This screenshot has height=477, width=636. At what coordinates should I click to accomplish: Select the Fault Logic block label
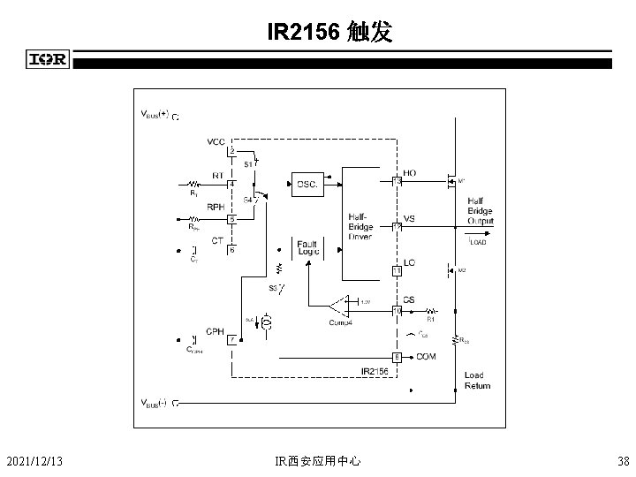[308, 248]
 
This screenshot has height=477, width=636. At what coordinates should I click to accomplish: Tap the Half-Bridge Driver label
[360, 225]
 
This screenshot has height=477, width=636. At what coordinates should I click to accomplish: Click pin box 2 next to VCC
[232, 151]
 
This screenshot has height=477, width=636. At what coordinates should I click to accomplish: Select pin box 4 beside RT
[232, 184]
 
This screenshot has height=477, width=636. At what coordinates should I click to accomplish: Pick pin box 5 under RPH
[232, 218]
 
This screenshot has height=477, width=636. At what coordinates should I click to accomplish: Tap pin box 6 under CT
[232, 250]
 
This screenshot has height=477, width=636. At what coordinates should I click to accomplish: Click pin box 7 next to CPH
[232, 339]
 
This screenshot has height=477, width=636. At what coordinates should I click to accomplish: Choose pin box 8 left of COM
[397, 357]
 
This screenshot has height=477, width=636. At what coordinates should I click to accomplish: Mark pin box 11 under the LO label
[397, 270]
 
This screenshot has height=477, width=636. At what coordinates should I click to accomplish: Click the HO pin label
[410, 172]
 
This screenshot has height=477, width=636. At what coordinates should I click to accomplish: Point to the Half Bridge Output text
[481, 211]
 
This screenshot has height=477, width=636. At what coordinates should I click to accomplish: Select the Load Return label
[477, 381]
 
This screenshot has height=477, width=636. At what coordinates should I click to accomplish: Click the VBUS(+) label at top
[158, 114]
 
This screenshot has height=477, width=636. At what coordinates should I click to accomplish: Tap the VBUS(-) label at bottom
[156, 403]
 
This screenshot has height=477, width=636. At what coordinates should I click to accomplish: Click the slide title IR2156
[323, 34]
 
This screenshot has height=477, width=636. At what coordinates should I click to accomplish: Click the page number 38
[624, 460]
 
